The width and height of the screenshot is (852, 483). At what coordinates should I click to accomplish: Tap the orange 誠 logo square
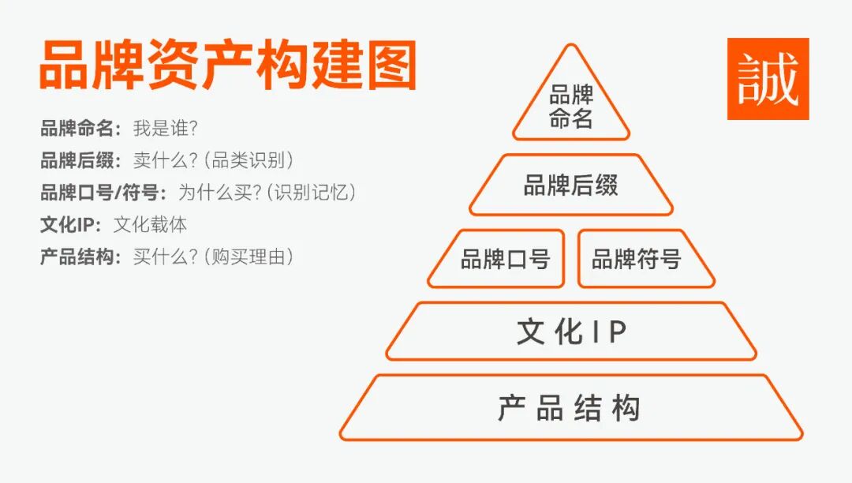pos(768,79)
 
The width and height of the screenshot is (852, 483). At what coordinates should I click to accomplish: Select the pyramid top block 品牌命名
pos(571,108)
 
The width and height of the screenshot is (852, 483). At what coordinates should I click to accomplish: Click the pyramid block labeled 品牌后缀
pos(571,186)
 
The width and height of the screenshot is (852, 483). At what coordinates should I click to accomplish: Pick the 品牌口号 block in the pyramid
pos(505,259)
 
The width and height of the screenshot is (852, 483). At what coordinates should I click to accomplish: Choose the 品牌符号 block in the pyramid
pos(637,259)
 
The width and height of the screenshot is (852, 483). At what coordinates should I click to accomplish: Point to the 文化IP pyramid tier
pos(571,332)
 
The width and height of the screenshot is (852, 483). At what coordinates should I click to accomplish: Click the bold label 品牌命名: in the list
pos(81,128)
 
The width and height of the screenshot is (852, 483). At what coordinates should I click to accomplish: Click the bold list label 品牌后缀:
pos(81,160)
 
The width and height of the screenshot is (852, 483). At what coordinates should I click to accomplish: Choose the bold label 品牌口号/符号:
pos(103,192)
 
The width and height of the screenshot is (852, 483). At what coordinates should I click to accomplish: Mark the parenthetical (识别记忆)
pos(312,192)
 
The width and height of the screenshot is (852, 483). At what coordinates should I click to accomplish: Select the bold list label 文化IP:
pos(71,224)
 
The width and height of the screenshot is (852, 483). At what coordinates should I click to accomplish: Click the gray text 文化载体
pos(150,224)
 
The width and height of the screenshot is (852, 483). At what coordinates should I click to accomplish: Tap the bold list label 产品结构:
pos(81,256)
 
